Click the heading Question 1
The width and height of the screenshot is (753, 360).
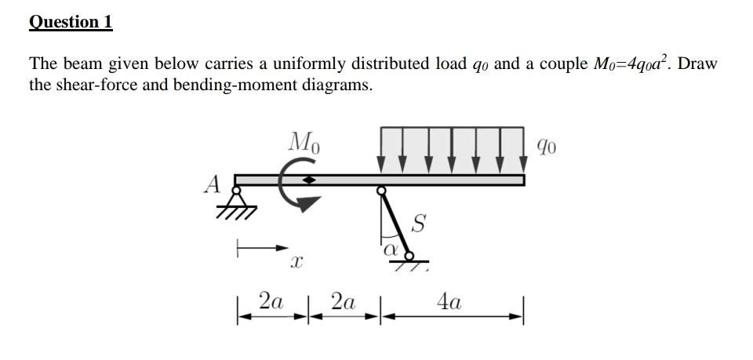click(71, 22)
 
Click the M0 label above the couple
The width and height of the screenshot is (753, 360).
click(304, 143)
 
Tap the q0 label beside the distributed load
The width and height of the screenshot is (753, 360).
click(548, 145)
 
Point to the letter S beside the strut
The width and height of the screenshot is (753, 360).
click(418, 225)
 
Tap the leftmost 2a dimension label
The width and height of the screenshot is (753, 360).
click(271, 301)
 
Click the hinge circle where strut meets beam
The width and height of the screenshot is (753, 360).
click(380, 190)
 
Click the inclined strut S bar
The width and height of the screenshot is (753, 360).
click(395, 222)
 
